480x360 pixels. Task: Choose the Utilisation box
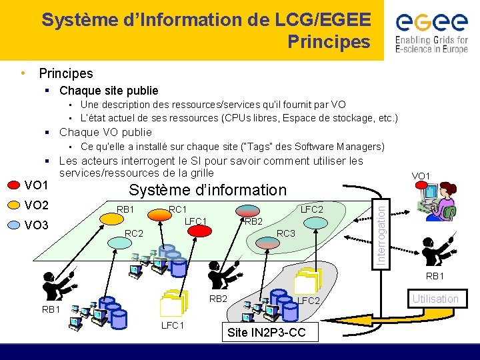tap(435, 299)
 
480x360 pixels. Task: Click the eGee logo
tap(431, 24)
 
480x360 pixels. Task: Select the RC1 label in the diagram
tap(177, 209)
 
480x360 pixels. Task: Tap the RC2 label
tap(135, 233)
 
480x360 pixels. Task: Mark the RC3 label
tap(286, 233)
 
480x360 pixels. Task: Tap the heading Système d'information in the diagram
tap(207, 189)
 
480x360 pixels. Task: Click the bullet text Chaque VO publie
tap(105, 132)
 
